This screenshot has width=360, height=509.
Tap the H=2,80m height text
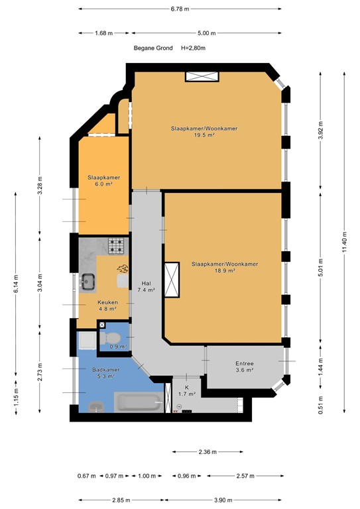[x=193, y=48]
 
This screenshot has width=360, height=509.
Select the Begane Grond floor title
[x=153, y=48]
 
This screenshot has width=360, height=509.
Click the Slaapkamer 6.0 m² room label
[x=103, y=181]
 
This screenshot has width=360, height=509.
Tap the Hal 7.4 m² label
[x=146, y=286]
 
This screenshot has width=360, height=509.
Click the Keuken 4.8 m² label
[x=107, y=305]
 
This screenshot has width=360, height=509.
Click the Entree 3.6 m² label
[x=245, y=367]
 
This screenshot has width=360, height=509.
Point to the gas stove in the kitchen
[x=117, y=246]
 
